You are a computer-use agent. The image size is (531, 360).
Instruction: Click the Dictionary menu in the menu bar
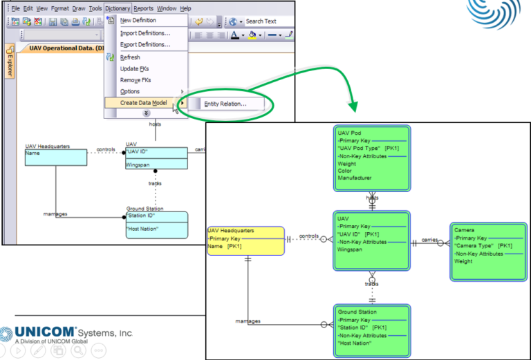[118, 8]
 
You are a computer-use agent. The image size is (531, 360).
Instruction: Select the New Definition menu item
[138, 21]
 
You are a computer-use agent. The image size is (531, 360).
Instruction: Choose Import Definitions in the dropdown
[145, 33]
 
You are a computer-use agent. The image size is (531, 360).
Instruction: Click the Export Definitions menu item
[145, 45]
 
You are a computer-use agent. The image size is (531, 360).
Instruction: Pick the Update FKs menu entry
[134, 68]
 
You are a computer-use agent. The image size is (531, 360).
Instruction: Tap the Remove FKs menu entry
[136, 80]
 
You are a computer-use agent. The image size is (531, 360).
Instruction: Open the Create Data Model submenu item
[143, 103]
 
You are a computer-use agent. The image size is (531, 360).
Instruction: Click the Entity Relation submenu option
[225, 104]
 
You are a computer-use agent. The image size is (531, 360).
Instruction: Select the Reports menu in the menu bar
[144, 8]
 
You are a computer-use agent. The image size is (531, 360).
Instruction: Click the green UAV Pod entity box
[372, 160]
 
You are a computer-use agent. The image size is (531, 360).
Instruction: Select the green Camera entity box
[487, 251]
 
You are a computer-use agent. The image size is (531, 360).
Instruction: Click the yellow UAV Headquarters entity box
[245, 240]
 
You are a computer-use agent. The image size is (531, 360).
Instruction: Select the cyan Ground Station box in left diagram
[156, 225]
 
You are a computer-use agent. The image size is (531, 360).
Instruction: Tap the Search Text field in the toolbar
[263, 21]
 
